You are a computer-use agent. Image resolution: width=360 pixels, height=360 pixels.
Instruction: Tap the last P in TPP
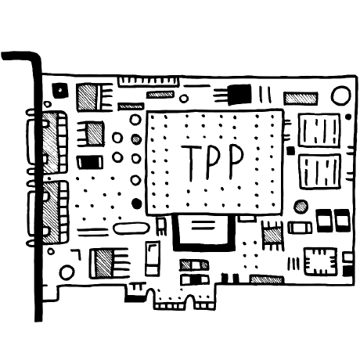236,161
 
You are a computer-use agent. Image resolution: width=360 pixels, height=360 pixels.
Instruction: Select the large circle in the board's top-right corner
340,95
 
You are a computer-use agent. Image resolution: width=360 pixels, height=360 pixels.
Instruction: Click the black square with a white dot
60,90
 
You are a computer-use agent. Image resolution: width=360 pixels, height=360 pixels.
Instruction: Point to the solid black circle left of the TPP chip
136,203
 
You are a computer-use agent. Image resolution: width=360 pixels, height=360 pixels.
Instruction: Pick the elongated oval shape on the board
131,229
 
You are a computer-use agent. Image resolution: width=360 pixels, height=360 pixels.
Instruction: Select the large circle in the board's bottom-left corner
67,272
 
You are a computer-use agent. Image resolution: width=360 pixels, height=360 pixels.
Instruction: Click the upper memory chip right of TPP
319,130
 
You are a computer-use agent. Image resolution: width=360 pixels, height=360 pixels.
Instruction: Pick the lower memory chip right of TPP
320,171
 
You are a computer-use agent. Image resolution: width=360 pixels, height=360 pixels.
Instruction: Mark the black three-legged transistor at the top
233,94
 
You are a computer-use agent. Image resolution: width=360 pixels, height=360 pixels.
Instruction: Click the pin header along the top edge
149,81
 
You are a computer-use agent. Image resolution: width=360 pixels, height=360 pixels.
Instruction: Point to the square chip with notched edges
320,261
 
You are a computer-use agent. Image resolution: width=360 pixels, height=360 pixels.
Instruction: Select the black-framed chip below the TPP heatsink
204,232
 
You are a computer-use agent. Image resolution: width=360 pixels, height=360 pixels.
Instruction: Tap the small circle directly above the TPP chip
184,99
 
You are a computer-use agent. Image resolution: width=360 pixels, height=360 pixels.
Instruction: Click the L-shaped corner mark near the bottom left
76,254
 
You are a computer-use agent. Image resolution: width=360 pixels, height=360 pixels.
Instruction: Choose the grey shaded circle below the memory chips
301,207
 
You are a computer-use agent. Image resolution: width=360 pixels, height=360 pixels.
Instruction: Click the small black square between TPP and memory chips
290,150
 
